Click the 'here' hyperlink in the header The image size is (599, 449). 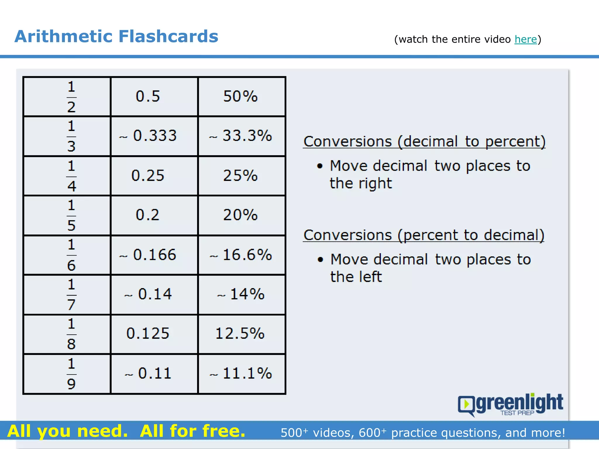tap(526, 39)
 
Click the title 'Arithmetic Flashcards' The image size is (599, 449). tap(116, 37)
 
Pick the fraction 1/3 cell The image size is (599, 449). tap(71, 136)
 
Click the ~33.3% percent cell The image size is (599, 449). tap(241, 136)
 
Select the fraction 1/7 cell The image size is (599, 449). tap(71, 295)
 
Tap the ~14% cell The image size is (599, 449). tap(241, 294)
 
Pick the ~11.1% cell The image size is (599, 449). tap(241, 374)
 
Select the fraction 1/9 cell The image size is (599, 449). tap(71, 374)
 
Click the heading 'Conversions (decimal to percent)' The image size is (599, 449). tap(424, 142)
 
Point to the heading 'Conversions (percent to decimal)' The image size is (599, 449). tap(424, 235)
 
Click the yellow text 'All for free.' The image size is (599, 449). tap(192, 431)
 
